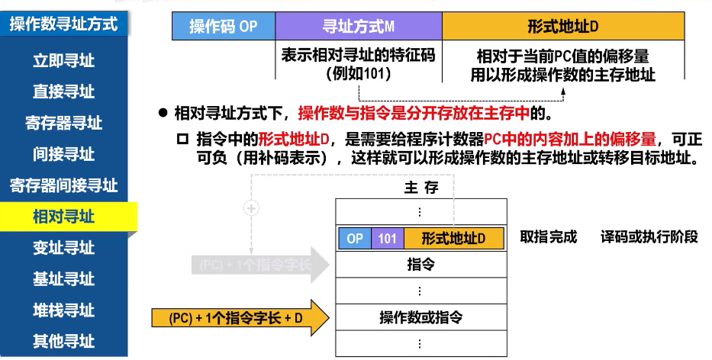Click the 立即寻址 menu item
[64, 60]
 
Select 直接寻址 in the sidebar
[64, 92]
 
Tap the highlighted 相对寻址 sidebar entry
[64, 217]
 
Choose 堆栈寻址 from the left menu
[64, 310]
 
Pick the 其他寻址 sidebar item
[64, 341]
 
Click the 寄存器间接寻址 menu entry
[64, 185]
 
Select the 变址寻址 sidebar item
[64, 248]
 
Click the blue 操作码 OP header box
[223, 27]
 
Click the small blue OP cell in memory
[355, 238]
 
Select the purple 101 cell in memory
[387, 238]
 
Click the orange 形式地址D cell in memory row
[453, 238]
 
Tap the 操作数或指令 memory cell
[420, 316]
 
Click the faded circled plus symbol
[251, 207]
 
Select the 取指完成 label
[549, 236]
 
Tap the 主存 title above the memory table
[420, 188]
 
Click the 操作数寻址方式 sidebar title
[64, 24]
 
